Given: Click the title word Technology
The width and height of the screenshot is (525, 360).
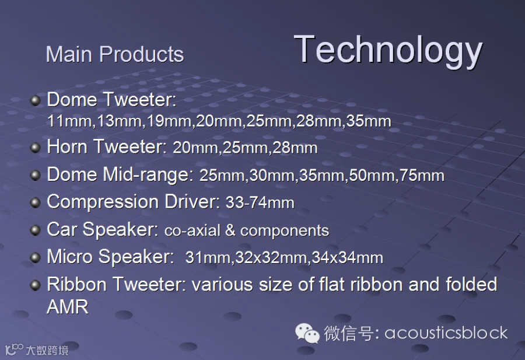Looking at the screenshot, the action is tap(388, 51).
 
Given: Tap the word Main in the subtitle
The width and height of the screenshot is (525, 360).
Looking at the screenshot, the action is tap(69, 54).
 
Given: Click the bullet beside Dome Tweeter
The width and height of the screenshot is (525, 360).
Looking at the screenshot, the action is tap(35, 100).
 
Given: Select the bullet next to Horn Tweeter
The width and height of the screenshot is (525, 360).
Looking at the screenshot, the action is tap(35, 148).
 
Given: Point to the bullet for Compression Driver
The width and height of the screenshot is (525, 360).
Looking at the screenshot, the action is tap(35, 202).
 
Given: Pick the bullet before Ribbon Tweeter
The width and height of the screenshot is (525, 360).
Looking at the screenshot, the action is tap(35, 285).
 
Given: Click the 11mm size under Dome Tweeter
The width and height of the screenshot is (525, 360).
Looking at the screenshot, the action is tap(69, 121).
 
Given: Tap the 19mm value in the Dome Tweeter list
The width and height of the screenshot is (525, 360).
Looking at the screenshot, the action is tap(169, 121).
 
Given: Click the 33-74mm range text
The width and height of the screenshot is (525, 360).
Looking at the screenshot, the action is tap(260, 202).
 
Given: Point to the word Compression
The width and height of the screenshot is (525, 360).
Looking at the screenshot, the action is tap(103, 202).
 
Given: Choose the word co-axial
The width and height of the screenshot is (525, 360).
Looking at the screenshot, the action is tap(192, 230).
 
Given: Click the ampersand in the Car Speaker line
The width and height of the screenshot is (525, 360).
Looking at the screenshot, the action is tap(230, 230).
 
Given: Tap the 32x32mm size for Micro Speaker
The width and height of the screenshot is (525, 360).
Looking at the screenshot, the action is tap(271, 258).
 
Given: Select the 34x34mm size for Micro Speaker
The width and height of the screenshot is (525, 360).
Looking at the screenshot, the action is tap(348, 258).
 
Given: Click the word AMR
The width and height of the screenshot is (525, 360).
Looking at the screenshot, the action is tap(68, 307).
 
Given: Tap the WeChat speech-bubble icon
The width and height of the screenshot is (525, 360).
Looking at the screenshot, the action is tap(307, 333).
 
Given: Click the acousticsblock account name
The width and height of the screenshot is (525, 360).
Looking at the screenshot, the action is tap(446, 333).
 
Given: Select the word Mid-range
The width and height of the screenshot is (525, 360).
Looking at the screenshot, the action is tap(148, 175).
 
